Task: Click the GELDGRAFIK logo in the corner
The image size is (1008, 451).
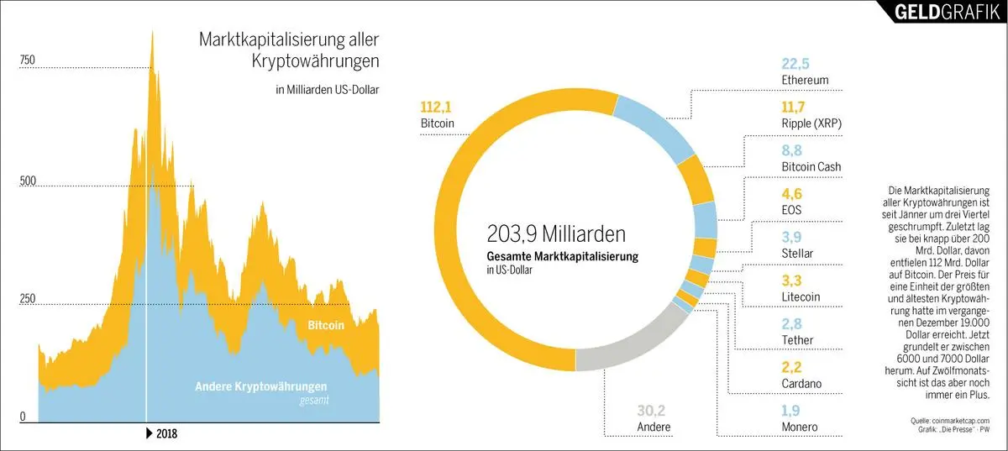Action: click(942, 12)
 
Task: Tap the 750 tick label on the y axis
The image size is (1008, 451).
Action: click(28, 60)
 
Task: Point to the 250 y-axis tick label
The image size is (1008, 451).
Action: click(28, 298)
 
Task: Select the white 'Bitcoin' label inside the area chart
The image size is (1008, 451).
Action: click(326, 325)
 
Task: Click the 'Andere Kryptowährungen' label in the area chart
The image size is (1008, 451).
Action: click(261, 386)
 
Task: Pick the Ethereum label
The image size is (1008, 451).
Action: click(805, 81)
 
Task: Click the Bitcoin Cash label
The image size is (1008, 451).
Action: click(811, 167)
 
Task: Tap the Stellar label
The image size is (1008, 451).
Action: click(797, 252)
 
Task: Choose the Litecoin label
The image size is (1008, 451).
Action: click(801, 296)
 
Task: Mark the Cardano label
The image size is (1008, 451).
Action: click(801, 384)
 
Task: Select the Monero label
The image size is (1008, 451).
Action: click(799, 427)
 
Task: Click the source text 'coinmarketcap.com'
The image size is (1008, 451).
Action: click(956, 421)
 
